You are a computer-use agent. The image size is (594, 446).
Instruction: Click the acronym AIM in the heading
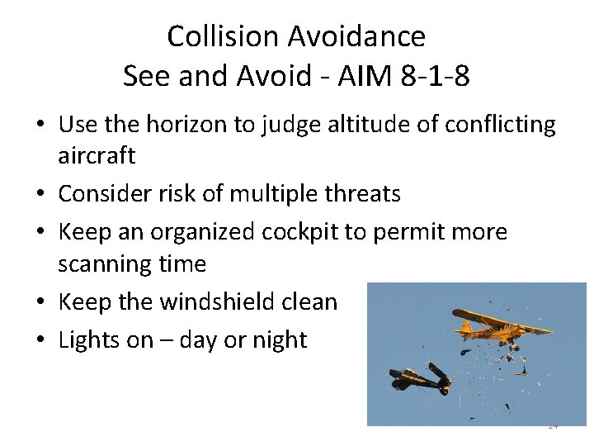pos(361,76)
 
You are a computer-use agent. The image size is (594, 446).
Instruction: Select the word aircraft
pos(97,155)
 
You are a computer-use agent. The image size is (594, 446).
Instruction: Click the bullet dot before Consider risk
pos(40,195)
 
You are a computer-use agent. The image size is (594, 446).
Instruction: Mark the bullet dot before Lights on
pos(40,340)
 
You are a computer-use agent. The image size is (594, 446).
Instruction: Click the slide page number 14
pos(553,425)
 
